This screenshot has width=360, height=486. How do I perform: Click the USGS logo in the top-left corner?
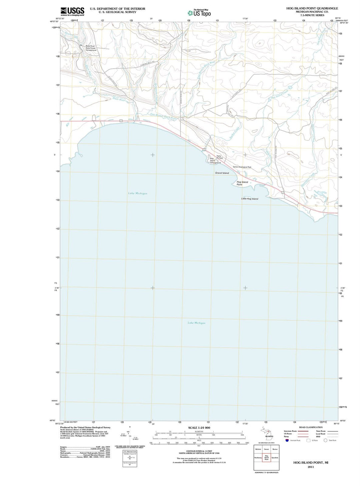point(72,11)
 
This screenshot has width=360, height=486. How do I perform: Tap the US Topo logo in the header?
point(199,13)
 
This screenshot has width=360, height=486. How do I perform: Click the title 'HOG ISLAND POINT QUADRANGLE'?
point(312,8)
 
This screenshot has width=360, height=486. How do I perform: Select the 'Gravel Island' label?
point(222,173)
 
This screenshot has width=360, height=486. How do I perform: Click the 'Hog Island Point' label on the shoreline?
point(242,183)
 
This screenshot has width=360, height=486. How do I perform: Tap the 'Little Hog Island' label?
point(250,199)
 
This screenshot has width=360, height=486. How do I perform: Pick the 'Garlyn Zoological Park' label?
point(242,167)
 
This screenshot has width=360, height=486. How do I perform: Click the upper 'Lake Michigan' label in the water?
point(138,193)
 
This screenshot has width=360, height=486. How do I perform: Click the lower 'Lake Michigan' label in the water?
point(196,323)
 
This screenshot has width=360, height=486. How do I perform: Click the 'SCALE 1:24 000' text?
point(199,428)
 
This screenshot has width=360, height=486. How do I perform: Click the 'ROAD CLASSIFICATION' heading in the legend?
point(311,427)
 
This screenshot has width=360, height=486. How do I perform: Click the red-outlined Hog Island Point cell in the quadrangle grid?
point(266,457)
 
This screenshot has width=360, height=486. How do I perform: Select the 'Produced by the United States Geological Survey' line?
point(85,427)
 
